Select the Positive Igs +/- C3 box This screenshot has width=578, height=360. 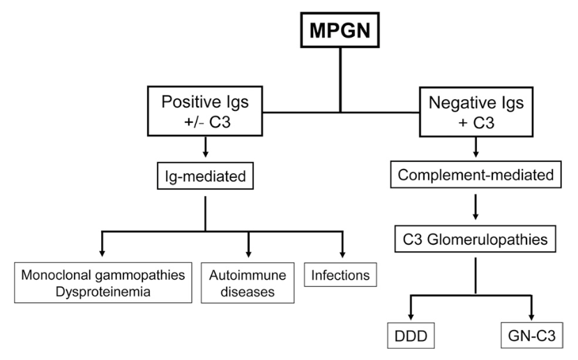(205, 110)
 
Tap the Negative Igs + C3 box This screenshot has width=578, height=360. (476, 110)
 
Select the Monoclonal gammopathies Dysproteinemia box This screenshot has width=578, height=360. (104, 283)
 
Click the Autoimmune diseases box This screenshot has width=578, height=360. (248, 283)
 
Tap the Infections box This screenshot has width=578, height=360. (342, 275)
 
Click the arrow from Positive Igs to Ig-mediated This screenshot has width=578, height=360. (205, 149)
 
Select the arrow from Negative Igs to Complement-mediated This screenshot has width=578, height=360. (476, 149)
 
